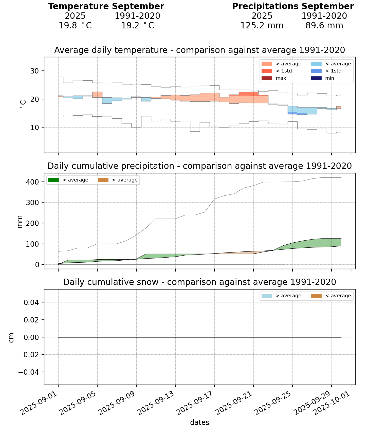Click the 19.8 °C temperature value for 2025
75,26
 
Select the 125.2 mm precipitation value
262,26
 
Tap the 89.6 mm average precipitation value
324,26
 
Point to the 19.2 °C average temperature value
137,26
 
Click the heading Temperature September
106,6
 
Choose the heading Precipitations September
293,6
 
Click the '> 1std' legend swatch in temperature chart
267,71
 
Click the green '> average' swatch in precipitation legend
53,180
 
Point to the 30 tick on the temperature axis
35,71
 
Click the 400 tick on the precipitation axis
34,182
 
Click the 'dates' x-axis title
199,422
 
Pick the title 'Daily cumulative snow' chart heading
199,282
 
